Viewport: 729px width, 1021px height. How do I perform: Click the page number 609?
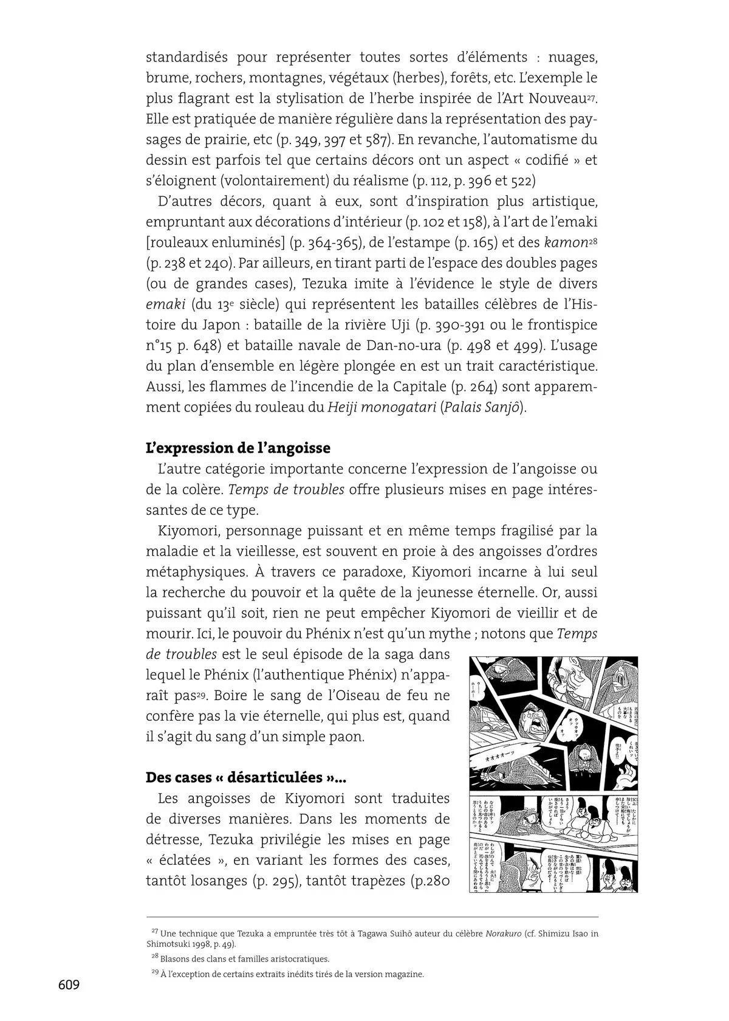pos(69,985)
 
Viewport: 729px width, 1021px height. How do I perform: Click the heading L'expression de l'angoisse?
pos(238,448)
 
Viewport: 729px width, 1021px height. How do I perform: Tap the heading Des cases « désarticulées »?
pos(245,777)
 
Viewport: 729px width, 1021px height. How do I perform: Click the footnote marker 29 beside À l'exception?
pos(154,972)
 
